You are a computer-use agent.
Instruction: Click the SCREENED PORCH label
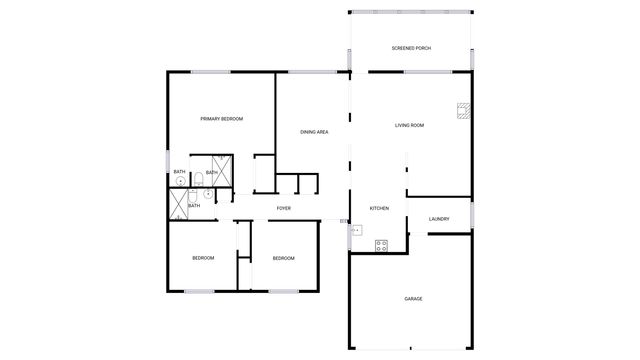tap(411, 48)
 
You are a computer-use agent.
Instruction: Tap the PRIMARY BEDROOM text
tap(221, 119)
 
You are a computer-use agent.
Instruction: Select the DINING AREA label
tap(315, 132)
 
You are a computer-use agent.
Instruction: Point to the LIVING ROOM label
tap(410, 126)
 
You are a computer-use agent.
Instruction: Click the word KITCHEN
tap(379, 208)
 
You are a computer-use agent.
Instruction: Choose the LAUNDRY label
tap(438, 218)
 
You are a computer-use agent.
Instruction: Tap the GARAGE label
tap(413, 299)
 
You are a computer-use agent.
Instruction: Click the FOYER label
tap(284, 208)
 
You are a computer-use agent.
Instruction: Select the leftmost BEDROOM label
tap(203, 258)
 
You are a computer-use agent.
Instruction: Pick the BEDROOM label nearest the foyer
tap(283, 258)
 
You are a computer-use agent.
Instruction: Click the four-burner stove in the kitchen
tap(381, 244)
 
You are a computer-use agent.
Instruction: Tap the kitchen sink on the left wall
tap(355, 230)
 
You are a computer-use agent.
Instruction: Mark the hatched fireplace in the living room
tap(462, 111)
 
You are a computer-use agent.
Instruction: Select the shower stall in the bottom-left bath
tap(179, 204)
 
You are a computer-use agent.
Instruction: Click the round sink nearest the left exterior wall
tap(181, 181)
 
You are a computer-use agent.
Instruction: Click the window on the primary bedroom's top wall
tap(211, 71)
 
